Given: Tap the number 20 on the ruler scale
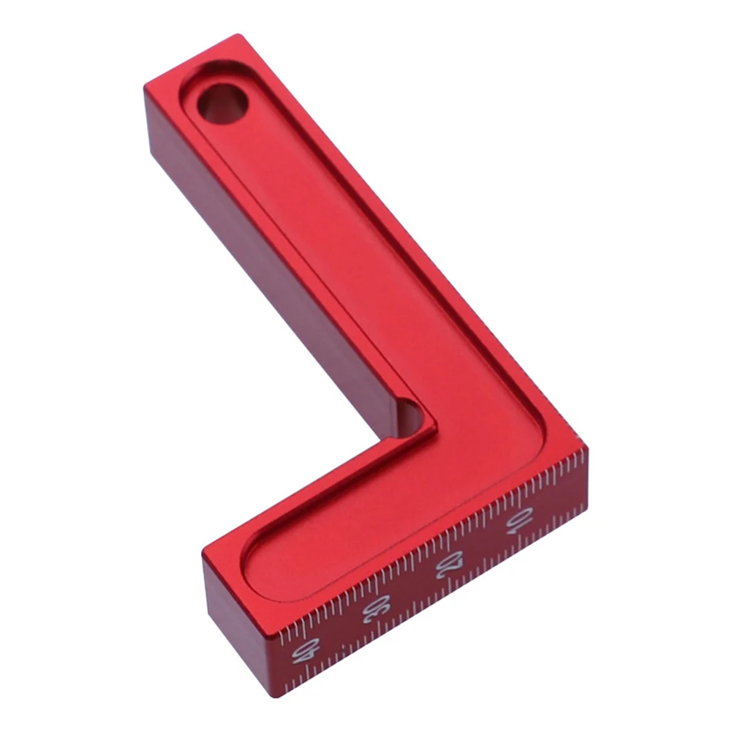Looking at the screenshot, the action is (x=450, y=564).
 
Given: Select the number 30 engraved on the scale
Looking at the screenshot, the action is (x=376, y=608).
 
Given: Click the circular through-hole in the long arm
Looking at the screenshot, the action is (x=222, y=104).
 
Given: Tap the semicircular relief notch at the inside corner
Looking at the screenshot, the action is (x=411, y=418).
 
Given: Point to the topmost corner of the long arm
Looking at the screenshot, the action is (x=238, y=34).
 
